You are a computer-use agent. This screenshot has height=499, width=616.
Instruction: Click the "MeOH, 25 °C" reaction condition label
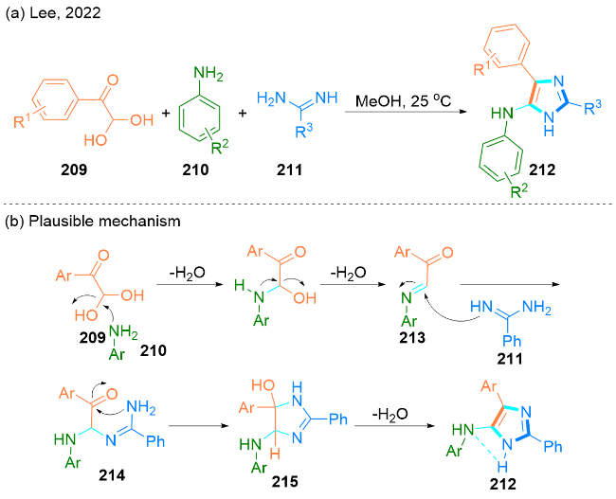pos(404,100)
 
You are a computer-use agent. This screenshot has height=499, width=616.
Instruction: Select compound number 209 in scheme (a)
pos(74,169)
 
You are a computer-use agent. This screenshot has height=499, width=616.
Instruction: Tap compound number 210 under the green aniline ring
pos(195,169)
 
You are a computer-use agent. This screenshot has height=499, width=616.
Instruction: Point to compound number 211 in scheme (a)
pos(290,169)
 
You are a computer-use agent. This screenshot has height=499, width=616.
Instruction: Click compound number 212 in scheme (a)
pos(542,169)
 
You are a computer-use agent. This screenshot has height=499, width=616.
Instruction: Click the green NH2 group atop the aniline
pos(208,74)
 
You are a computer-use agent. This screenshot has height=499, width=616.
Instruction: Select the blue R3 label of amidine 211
pos(303,131)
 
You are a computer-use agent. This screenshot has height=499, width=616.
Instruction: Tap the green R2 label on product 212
pos(518,190)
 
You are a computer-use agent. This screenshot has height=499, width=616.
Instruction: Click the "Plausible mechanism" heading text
pos(105,222)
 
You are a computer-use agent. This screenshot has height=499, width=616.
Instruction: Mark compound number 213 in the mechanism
pos(412,337)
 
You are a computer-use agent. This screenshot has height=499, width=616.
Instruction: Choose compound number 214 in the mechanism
pos(112,475)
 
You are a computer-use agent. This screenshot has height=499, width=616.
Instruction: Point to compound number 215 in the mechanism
pos(285,481)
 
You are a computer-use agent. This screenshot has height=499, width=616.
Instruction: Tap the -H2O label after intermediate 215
pos(390,414)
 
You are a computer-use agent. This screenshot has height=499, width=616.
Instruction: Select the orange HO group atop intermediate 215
pos(263,385)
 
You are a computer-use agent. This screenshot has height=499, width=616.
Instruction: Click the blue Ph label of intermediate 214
pos(155,441)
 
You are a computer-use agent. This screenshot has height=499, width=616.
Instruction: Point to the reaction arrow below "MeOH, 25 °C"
pos(406,112)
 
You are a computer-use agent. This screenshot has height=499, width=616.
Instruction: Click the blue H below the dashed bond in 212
pos(502,467)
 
